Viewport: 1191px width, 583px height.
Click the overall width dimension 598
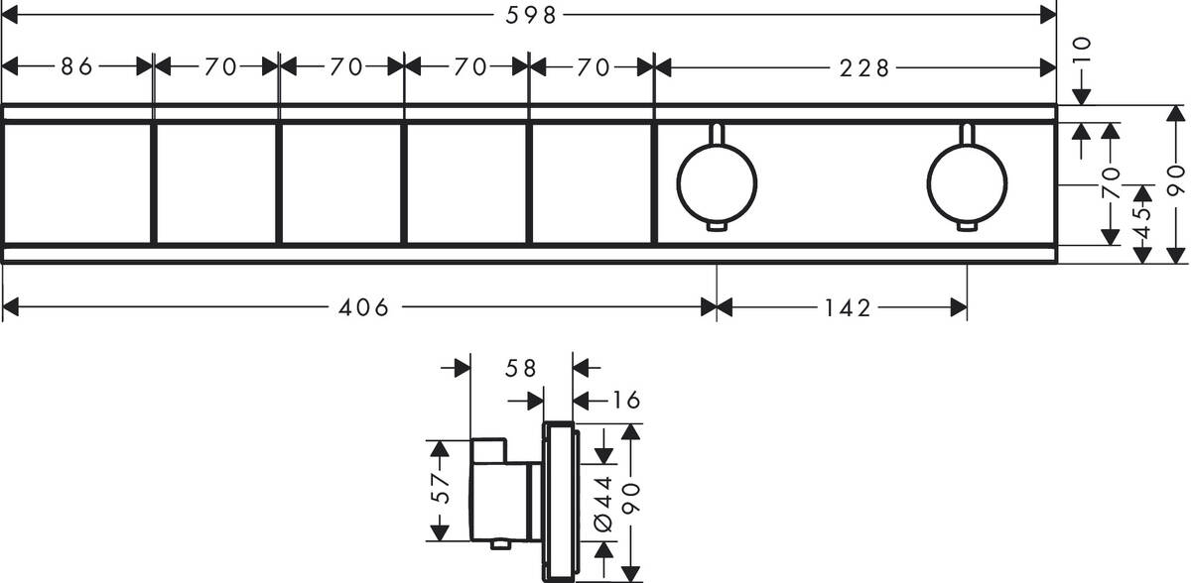529,14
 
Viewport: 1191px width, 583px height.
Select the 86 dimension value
76,66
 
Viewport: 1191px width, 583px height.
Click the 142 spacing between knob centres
847,308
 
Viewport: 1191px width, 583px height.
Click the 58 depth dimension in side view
521,368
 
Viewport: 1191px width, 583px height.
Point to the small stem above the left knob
716,134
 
